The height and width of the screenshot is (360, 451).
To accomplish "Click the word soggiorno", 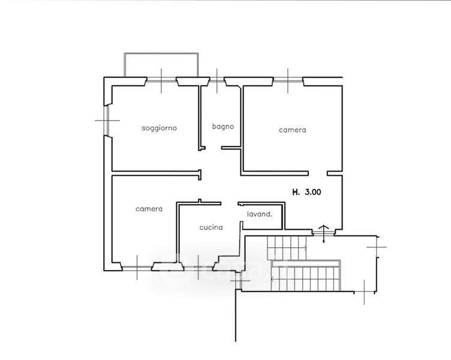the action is click(x=159, y=128).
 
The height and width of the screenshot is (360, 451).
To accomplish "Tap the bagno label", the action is click(x=223, y=127).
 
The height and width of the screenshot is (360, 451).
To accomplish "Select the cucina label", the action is click(x=211, y=227).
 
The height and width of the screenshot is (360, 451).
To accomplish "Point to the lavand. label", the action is click(x=260, y=214).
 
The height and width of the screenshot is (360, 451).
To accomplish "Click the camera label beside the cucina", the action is click(x=149, y=209).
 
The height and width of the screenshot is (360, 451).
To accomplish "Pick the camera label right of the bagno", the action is click(x=293, y=130).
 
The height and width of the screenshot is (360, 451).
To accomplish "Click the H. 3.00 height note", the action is click(x=306, y=192).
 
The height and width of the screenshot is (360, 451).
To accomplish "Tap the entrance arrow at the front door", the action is click(x=324, y=233).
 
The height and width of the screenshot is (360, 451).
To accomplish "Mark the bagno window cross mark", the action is click(x=217, y=81).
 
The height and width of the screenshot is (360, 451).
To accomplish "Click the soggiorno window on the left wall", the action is click(x=107, y=120).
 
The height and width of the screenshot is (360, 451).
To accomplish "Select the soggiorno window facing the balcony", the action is click(x=161, y=82).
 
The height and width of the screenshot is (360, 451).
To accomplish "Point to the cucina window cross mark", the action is click(x=198, y=268).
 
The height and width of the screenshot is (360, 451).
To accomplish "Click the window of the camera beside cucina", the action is click(x=137, y=268).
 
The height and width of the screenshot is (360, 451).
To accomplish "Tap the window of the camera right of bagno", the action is click(x=288, y=81).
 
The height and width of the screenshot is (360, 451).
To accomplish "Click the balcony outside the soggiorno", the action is click(x=161, y=65).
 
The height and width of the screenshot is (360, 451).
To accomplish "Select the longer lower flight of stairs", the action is click(x=306, y=275).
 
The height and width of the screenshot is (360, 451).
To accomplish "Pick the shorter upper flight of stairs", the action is click(x=287, y=248).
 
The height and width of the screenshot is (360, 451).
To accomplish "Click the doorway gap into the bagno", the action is click(x=213, y=148).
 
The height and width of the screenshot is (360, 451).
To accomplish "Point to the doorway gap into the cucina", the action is click(x=229, y=203).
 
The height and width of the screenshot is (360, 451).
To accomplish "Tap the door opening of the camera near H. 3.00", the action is click(x=318, y=173).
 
